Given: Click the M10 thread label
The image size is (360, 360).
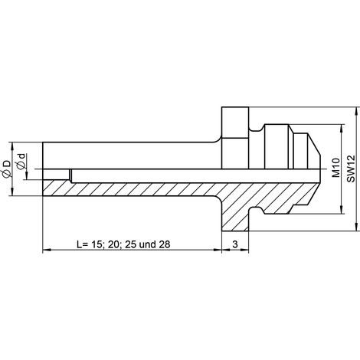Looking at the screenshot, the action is (336, 168).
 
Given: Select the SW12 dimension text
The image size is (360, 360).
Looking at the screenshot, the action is (351, 169).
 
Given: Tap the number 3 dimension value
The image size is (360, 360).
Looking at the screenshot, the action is (235, 244).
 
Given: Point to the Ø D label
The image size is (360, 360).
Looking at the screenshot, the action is (7, 169).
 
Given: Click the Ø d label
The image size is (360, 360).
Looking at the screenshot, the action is (21, 162).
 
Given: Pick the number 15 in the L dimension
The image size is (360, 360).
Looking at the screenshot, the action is (96, 244).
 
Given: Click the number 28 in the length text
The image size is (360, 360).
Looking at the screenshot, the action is (165, 244).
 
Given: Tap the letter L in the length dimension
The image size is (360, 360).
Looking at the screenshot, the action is (80, 244).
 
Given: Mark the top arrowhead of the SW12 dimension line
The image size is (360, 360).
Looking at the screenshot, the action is (356, 111).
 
